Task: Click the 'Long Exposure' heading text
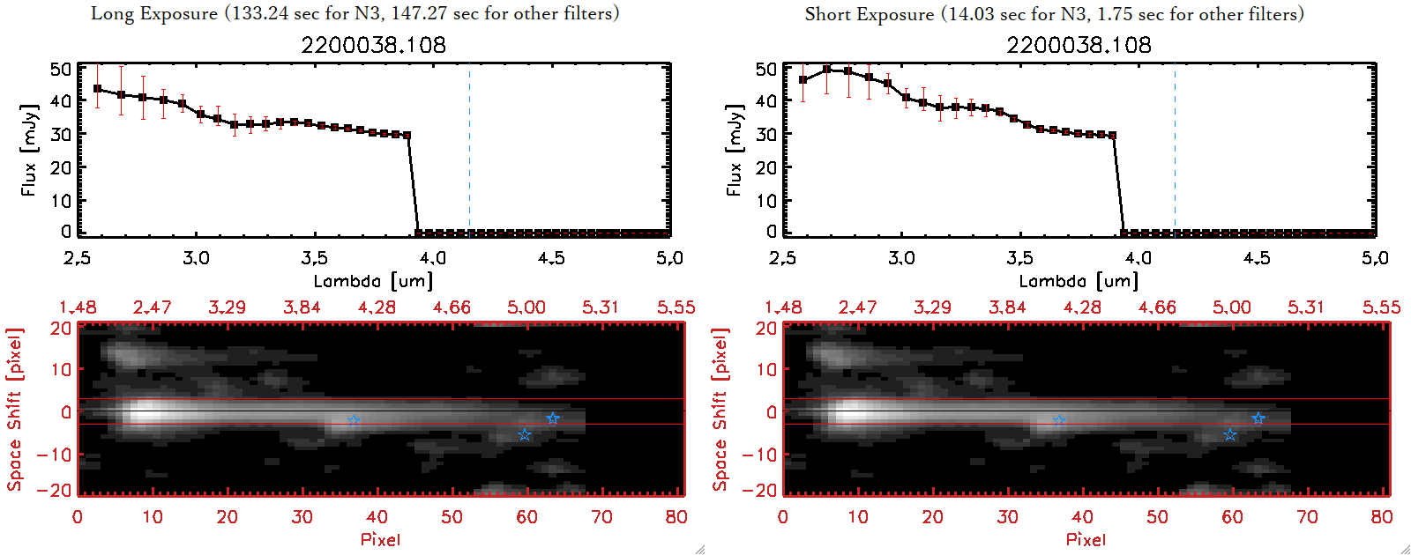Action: click(x=154, y=13)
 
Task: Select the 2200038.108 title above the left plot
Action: click(x=373, y=45)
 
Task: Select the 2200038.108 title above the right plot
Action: click(x=1079, y=45)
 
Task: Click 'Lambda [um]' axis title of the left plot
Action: click(x=373, y=281)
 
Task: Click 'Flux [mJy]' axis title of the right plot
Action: click(x=734, y=150)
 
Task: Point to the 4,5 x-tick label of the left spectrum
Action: click(x=551, y=258)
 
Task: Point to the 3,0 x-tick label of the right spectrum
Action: click(x=901, y=258)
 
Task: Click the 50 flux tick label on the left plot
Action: click(x=61, y=69)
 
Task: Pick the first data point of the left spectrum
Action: click(x=98, y=89)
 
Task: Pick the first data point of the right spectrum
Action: click(x=803, y=80)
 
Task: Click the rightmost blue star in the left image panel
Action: click(x=552, y=418)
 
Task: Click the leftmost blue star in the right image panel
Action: click(x=1059, y=421)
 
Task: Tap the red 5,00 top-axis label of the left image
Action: click(x=526, y=307)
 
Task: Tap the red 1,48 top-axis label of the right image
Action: click(x=783, y=307)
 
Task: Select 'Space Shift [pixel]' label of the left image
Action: click(x=14, y=410)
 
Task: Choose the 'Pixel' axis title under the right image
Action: click(x=1086, y=539)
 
